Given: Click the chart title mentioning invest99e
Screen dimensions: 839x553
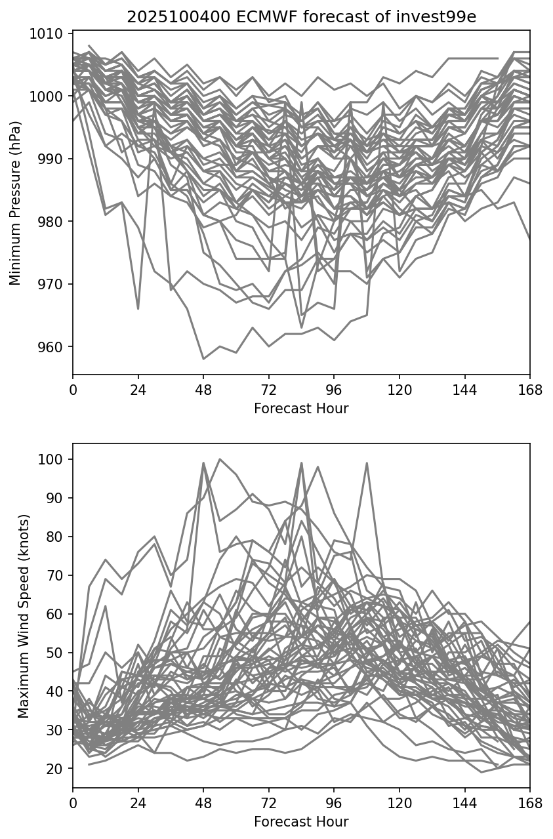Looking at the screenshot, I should [x=301, y=17].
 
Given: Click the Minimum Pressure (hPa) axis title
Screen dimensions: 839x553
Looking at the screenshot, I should [x=16, y=203].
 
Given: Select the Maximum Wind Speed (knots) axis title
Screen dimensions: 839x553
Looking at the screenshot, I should [x=24, y=616].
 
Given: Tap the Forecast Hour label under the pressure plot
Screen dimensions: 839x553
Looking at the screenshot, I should [x=301, y=409].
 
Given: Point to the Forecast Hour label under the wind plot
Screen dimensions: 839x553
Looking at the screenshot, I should [x=301, y=822].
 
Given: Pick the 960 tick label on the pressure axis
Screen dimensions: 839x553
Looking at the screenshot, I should [x=52, y=347].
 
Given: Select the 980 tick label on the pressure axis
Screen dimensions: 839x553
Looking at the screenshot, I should [x=52, y=222].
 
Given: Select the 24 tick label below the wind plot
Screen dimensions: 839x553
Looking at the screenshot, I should [x=138, y=803].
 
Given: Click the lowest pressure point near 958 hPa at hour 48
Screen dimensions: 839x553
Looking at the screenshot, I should [x=203, y=359].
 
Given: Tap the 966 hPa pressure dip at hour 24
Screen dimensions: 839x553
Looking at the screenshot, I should [x=138, y=309].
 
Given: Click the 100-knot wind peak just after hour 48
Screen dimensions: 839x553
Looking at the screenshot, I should [x=220, y=459].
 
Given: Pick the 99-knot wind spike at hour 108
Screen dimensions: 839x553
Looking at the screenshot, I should [x=367, y=463].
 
